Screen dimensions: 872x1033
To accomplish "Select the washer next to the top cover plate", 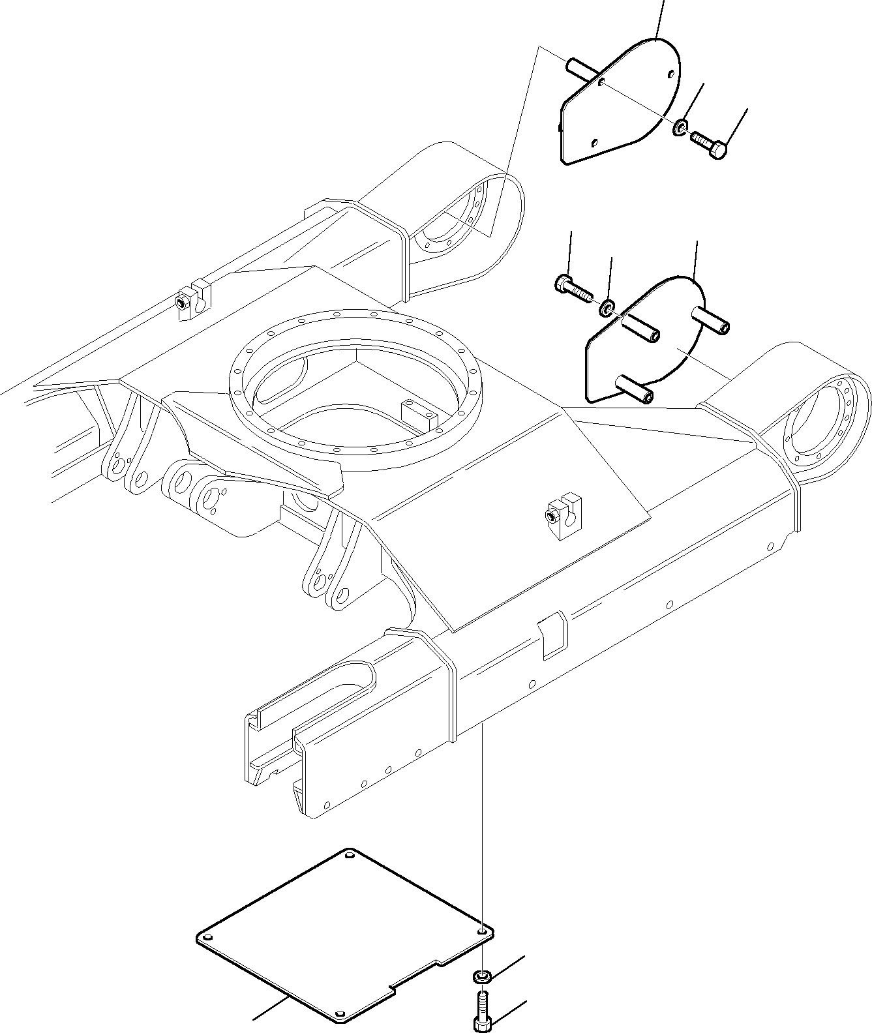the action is click(680, 127).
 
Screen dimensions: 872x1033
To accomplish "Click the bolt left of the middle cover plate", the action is click(571, 288).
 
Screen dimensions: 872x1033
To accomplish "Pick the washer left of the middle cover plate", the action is click(607, 307).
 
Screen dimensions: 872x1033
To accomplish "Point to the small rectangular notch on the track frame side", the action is click(552, 633).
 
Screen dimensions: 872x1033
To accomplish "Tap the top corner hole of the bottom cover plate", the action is click(350, 854).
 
